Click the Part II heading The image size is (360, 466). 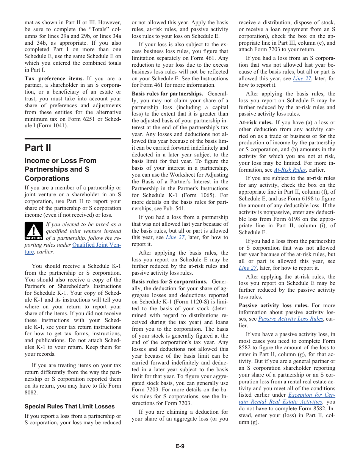click(38, 147)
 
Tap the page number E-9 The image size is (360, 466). click(180, 446)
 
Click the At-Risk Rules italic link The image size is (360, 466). click(290, 170)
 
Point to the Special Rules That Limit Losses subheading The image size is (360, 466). click(69, 407)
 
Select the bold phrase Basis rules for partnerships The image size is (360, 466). click(167, 94)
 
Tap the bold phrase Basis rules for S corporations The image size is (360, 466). click(169, 281)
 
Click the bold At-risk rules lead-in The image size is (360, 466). click(255, 122)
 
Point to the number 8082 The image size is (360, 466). click(31, 393)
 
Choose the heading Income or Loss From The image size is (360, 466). click(61, 161)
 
